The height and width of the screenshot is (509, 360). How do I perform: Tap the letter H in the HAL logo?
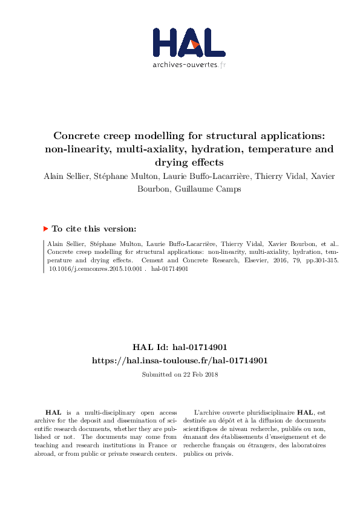point(166,43)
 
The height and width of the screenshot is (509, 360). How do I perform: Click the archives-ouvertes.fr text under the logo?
point(189,65)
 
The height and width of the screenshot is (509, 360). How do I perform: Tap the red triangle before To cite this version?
point(45,229)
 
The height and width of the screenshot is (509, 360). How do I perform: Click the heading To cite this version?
point(94,229)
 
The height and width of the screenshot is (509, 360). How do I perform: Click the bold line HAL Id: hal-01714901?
point(180,348)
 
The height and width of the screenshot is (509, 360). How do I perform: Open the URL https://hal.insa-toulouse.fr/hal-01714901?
point(180,360)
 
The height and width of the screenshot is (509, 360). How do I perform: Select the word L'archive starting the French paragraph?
point(205,411)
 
